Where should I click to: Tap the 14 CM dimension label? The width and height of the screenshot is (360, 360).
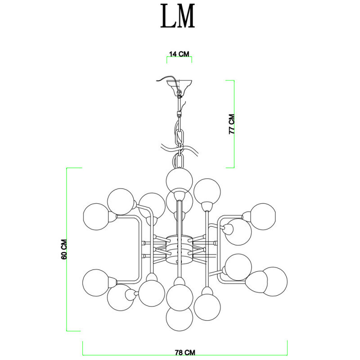pos(179,54)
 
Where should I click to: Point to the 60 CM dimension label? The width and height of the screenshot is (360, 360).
pos(64,249)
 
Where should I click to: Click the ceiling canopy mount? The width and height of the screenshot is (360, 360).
pos(179,84)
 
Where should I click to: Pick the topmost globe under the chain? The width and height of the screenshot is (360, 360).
pos(179,180)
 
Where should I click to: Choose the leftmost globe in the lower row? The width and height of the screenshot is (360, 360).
pos(96,283)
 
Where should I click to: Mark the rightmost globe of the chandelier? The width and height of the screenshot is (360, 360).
pos(274,282)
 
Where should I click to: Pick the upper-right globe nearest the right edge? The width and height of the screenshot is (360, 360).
pos(263,216)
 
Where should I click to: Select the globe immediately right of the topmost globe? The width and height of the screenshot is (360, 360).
pos(207,191)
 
